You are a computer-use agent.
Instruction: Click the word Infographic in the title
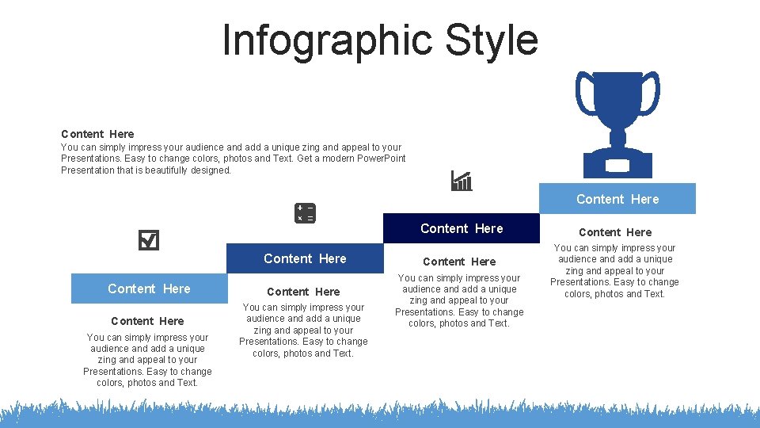tap(327, 40)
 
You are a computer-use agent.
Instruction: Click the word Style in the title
tap(491, 40)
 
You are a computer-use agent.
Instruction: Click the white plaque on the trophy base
tap(617, 167)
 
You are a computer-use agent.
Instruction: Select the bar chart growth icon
tap(462, 182)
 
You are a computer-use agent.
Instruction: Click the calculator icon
tap(305, 213)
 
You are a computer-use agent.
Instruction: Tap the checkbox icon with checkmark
tap(148, 240)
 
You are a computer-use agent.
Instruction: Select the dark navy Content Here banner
tap(462, 228)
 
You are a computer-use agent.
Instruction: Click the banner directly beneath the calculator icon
tap(305, 258)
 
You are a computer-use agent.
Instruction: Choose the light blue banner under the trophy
tap(617, 199)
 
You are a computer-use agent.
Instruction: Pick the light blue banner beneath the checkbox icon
tap(149, 289)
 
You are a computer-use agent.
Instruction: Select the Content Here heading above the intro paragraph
tap(97, 134)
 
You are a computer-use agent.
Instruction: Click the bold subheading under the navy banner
tap(459, 262)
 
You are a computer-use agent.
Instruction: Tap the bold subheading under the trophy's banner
tap(615, 232)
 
